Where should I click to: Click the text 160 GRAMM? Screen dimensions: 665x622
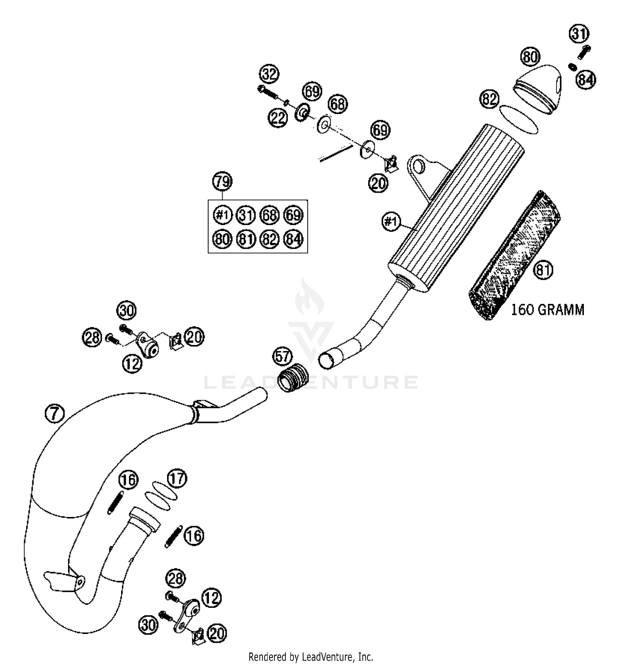tap(547, 310)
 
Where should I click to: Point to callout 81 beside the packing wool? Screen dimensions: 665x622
tap(543, 270)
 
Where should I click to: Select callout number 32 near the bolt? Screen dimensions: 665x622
tap(269, 75)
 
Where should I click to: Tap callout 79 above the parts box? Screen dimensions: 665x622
tap(222, 181)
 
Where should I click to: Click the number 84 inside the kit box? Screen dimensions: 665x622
tap(294, 239)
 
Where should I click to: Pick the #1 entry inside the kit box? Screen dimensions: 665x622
tap(222, 215)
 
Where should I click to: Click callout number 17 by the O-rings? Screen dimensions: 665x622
tap(177, 479)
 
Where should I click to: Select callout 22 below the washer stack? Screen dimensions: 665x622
tap(277, 118)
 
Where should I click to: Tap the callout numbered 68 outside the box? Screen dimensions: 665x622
tap(338, 104)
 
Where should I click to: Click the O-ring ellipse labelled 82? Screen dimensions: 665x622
tap(518, 119)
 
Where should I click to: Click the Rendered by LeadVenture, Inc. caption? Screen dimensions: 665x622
tap(311, 657)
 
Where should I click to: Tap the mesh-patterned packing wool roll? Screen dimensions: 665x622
tap(514, 257)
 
